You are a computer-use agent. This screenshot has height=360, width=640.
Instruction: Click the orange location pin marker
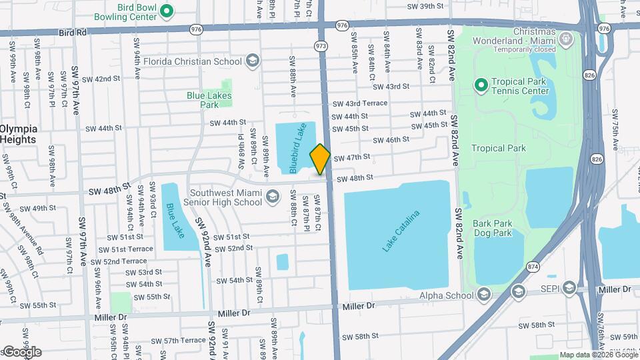(x=320, y=159)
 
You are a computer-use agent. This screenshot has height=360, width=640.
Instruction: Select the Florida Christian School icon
(x=252, y=61)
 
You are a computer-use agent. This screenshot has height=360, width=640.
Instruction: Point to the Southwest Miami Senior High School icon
(x=272, y=197)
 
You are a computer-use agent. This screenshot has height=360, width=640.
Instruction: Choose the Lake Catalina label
(x=401, y=231)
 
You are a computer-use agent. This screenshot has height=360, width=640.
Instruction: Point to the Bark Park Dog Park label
(x=493, y=229)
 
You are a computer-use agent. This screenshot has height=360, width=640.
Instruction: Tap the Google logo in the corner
(x=21, y=352)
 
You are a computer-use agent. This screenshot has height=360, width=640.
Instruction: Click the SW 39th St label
(x=426, y=6)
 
